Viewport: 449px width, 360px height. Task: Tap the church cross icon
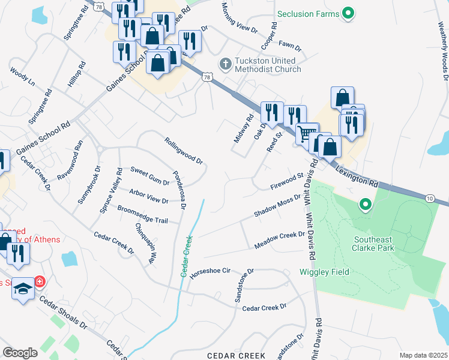[225, 62]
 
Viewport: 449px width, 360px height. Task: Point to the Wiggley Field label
[324, 272]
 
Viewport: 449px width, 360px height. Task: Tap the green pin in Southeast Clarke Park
[365, 206]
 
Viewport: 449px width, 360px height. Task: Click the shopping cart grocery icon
[307, 133]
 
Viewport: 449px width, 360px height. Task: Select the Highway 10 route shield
[430, 198]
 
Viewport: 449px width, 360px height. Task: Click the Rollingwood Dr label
[184, 151]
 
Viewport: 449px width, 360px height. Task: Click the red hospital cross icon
[40, 281]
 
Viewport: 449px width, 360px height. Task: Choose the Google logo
[20, 352]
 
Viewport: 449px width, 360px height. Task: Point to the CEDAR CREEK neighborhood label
[236, 356]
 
